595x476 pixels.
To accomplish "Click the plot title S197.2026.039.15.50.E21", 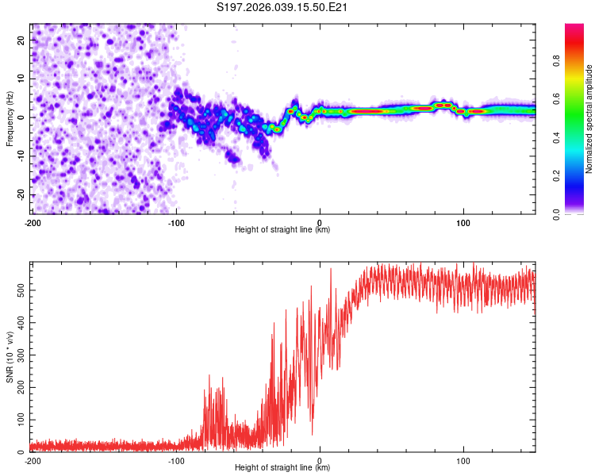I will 283,8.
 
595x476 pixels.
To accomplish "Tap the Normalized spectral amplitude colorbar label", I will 589,119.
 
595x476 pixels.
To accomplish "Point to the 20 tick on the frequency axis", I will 22,39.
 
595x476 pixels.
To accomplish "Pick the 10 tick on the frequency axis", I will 22,78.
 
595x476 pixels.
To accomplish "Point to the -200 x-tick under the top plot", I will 33,221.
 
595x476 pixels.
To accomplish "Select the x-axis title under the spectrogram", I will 282,230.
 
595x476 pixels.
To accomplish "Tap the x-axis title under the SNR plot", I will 282,468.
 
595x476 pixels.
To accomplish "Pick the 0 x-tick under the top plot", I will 320,221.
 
